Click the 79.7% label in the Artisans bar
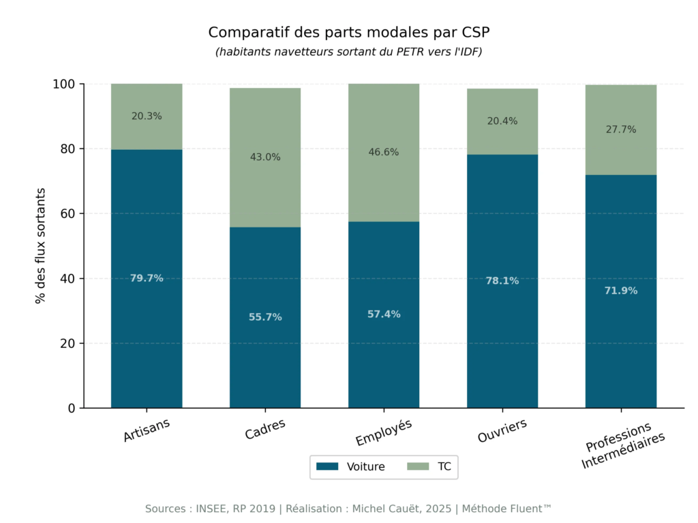pos(147,278)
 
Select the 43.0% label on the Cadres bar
pos(265,157)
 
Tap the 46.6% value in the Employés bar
pos(384,152)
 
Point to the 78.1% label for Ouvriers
pos(502,281)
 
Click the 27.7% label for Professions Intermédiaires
pos(621,129)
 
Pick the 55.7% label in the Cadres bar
pos(265,317)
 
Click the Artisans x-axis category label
pos(147,430)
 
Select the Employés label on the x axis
pos(384,431)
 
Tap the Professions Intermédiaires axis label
pos(621,446)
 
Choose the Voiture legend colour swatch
pos(328,466)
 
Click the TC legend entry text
pos(444,466)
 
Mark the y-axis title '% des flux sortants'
pos(41,246)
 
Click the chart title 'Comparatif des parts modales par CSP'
pos(349,32)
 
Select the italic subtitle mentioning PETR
pos(349,52)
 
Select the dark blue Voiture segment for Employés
pos(384,354)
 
